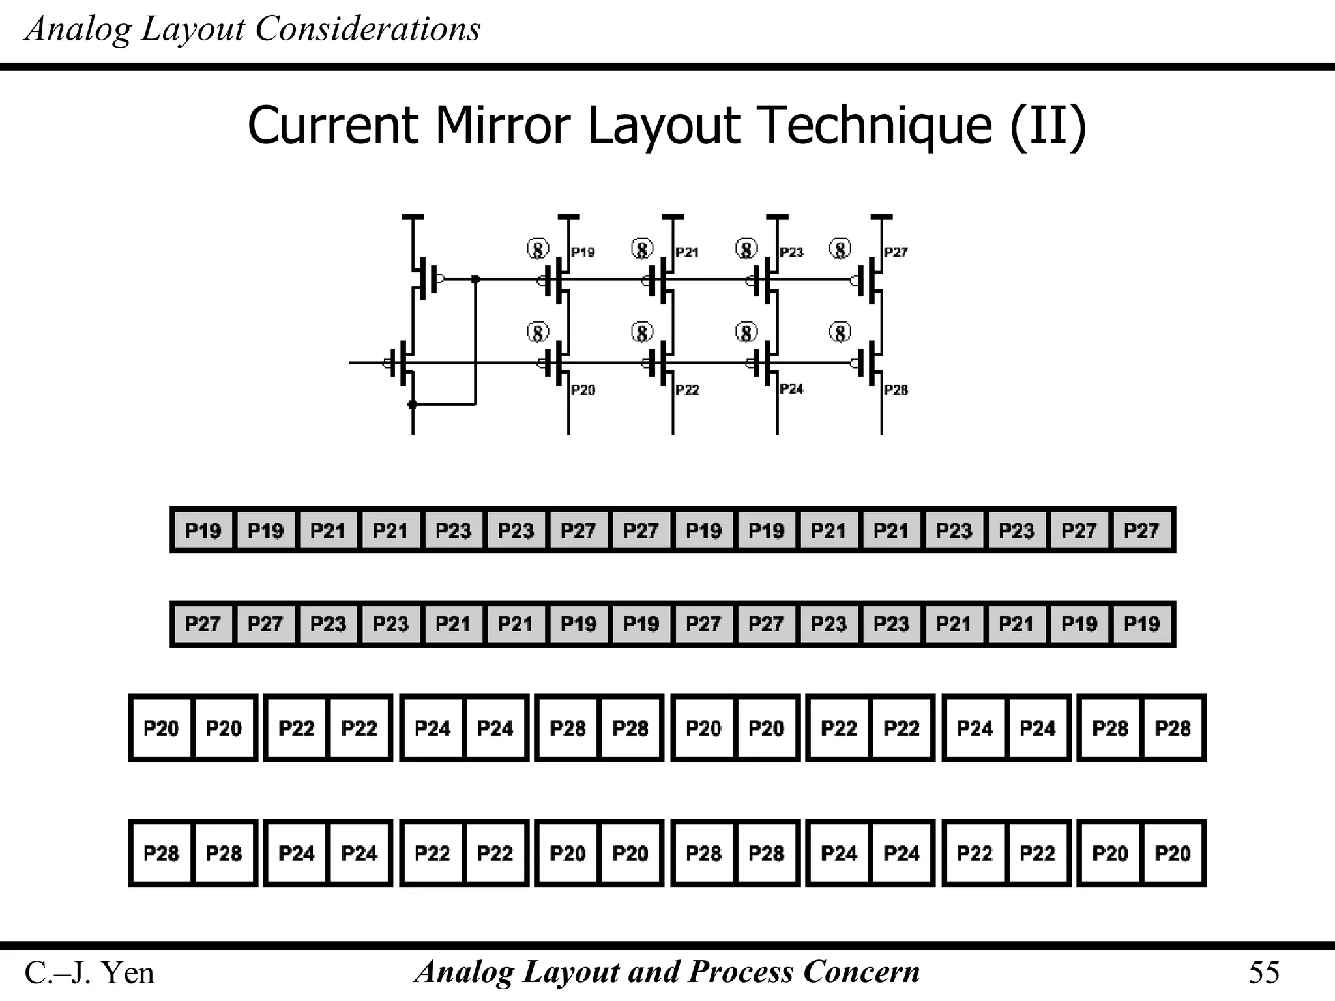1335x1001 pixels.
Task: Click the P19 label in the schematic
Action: (583, 252)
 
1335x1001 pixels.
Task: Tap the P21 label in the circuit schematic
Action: (687, 252)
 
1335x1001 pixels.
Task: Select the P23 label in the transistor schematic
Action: (791, 252)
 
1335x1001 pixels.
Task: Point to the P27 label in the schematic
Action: (896, 252)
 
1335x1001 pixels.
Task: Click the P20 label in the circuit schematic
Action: (583, 390)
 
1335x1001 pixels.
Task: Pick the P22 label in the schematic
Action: (687, 390)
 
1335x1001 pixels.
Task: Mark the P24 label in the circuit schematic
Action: (791, 388)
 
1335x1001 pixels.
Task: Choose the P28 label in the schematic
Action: (896, 390)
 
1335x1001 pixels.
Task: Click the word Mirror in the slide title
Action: (503, 125)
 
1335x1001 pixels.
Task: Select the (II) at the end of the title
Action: (1048, 125)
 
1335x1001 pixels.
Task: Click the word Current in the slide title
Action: (332, 125)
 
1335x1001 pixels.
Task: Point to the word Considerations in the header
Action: (368, 29)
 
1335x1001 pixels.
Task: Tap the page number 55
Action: (1264, 973)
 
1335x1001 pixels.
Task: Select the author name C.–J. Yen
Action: (89, 973)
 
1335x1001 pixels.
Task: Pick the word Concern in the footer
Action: (862, 972)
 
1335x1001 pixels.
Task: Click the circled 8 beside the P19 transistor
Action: (538, 249)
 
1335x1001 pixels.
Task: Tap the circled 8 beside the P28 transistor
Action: (840, 333)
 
